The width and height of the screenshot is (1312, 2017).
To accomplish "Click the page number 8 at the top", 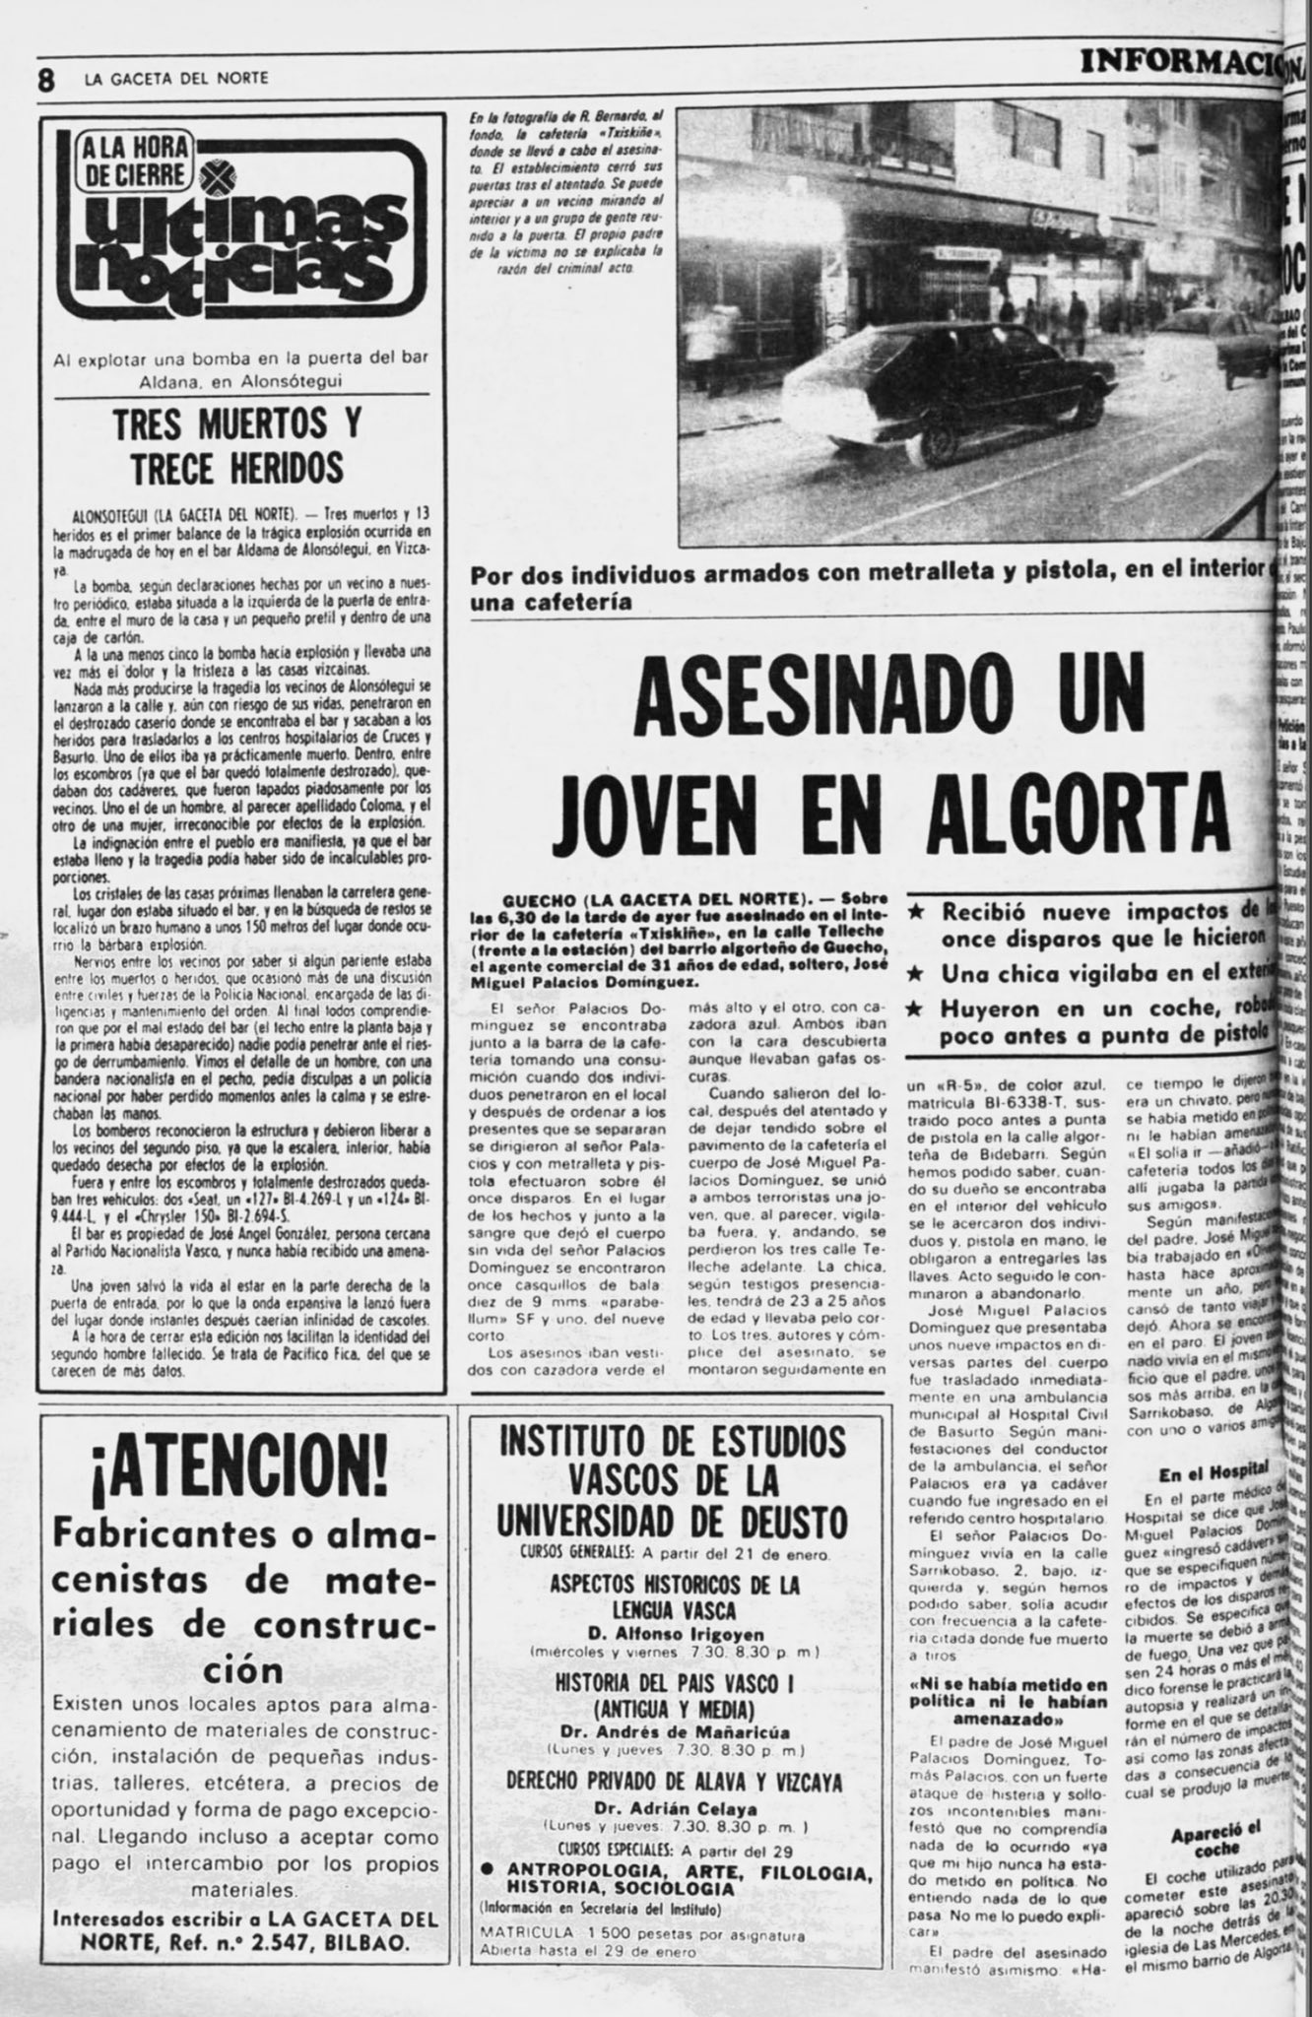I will pyautogui.click(x=45, y=78).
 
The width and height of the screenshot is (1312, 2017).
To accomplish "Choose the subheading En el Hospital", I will pyautogui.click(x=1212, y=1474).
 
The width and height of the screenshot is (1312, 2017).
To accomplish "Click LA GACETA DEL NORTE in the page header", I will pyautogui.click(x=176, y=79).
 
